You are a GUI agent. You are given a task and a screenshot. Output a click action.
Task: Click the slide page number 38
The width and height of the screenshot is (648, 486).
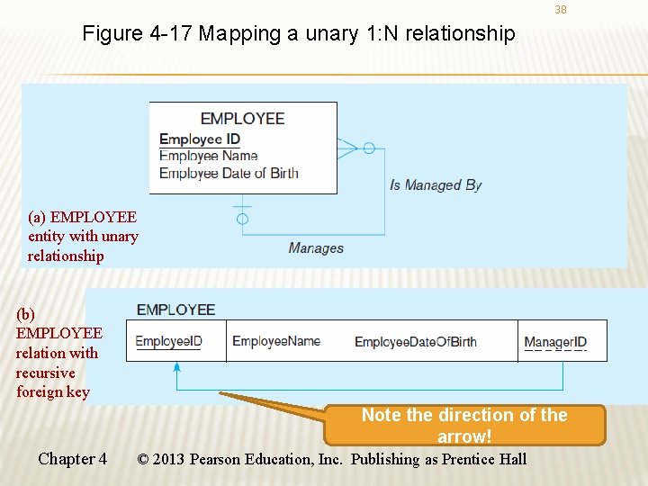click(561, 10)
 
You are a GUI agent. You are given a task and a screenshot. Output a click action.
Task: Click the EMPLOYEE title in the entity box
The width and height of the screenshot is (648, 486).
click(242, 119)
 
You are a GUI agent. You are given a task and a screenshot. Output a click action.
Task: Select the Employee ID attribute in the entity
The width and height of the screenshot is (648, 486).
click(200, 139)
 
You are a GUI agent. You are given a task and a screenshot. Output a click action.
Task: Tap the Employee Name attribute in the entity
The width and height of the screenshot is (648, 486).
click(209, 156)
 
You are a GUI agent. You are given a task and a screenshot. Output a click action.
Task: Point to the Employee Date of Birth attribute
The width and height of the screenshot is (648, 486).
click(229, 173)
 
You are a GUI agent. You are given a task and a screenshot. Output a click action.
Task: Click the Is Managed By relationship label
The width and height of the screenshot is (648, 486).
click(436, 184)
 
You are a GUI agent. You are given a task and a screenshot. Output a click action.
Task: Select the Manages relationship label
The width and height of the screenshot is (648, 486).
click(316, 247)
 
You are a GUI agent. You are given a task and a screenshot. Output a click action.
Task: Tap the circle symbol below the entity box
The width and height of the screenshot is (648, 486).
click(242, 219)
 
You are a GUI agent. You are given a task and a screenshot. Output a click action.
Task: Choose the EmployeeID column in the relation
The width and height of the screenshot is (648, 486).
click(169, 341)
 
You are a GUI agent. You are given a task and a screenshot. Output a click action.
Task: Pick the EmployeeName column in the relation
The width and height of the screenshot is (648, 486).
click(276, 341)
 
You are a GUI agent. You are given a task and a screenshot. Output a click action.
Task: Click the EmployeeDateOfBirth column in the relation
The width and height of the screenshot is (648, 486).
click(416, 342)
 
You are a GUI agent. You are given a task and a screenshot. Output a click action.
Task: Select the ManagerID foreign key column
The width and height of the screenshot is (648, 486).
click(555, 342)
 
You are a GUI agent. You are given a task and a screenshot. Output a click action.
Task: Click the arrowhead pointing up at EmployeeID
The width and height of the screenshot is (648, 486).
click(176, 367)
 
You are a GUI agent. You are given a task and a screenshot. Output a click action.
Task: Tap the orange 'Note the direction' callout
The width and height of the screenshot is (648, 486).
click(463, 425)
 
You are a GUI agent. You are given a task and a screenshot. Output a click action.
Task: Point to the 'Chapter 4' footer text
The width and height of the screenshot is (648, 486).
click(72, 459)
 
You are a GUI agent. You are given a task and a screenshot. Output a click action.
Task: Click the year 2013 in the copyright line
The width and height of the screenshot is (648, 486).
click(169, 459)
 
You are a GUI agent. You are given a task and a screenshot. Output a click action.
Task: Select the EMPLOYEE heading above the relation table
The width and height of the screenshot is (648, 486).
click(176, 310)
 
